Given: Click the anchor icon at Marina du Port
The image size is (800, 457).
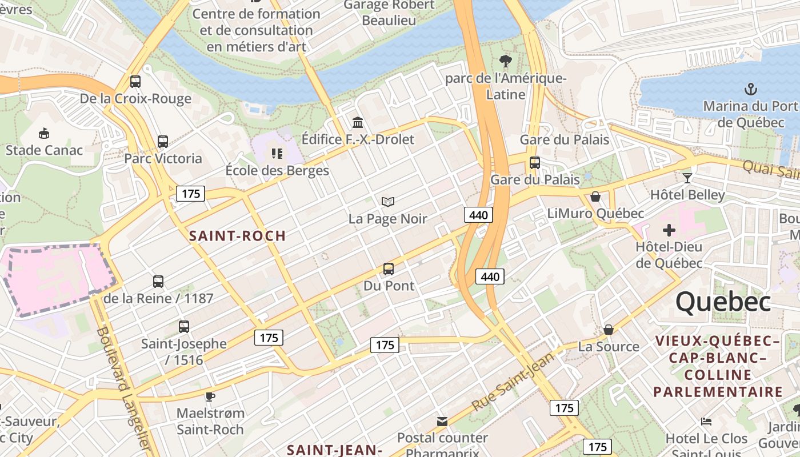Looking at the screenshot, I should click(750, 89).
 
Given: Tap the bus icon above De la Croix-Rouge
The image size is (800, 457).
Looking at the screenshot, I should click(135, 82).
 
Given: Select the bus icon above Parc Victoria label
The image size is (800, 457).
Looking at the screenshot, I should click(163, 142).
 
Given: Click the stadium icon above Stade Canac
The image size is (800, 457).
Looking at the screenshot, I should click(44, 134).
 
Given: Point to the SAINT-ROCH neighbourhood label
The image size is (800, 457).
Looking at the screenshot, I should click(237, 235).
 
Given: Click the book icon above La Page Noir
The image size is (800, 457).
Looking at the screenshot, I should click(388, 202).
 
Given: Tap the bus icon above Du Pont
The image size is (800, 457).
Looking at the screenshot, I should click(389, 268).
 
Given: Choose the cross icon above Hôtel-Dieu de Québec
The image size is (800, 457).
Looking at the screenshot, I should click(669, 230).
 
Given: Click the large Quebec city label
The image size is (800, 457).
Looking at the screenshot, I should click(723, 302).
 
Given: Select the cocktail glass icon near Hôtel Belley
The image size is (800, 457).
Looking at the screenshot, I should click(687, 178).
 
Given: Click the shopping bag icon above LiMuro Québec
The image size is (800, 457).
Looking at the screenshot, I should click(595, 197).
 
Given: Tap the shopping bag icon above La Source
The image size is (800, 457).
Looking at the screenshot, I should click(609, 330).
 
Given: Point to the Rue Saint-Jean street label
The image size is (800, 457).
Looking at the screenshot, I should click(513, 382).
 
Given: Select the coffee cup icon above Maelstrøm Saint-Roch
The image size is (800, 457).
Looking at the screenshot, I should click(210, 396).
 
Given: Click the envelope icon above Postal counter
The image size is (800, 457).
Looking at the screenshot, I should click(442, 422).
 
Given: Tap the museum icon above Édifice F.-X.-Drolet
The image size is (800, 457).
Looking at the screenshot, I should click(358, 122).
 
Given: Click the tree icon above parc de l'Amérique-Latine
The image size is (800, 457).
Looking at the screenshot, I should click(505, 61).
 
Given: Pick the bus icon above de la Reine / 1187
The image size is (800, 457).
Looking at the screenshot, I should click(158, 282).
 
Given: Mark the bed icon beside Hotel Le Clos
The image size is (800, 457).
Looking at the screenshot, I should click(706, 422).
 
